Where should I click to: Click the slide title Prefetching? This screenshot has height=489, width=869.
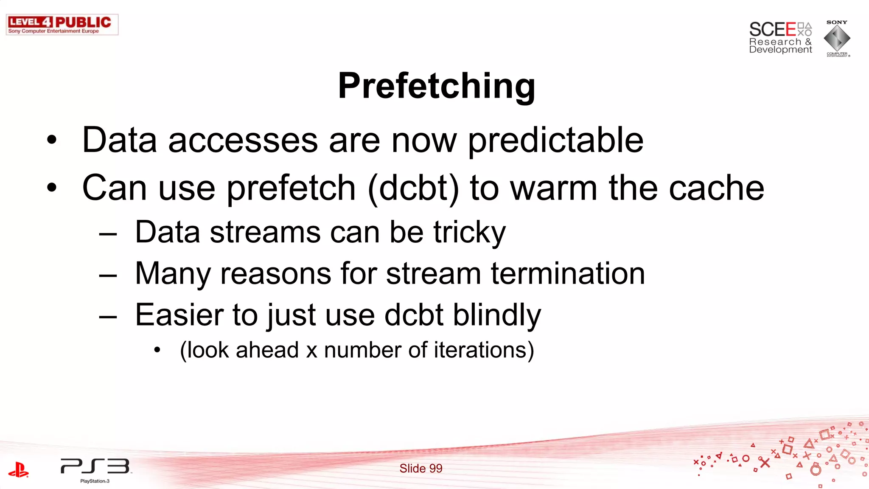436,86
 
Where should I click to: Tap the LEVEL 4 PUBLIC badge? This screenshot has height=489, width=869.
62,25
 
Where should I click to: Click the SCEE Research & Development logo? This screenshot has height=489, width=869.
780,38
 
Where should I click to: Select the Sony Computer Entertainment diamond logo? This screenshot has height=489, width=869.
837,39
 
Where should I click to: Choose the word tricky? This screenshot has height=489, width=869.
469,233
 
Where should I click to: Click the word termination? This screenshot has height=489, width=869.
568,273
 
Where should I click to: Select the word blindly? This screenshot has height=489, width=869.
497,315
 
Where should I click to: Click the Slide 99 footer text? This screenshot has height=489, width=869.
420,468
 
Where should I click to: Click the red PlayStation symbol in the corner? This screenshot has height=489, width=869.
19,469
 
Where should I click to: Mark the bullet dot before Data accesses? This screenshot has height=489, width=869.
52,141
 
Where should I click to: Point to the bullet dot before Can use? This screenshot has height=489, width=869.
52,188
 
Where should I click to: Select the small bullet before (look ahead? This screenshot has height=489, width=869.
157,350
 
